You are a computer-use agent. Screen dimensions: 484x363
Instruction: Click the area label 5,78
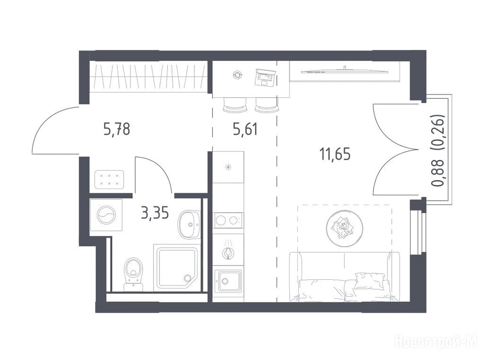pos(117,129)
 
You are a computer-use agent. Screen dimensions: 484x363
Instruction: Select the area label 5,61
pos(245,129)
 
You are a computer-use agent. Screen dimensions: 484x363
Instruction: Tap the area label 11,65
pos(335,154)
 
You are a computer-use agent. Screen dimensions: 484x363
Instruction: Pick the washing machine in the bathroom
pos(106,215)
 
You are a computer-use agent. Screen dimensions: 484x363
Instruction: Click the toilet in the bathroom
pos(133,275)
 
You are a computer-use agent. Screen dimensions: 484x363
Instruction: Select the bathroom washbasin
pos(189,225)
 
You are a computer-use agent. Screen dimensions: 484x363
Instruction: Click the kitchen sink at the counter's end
pos(229,281)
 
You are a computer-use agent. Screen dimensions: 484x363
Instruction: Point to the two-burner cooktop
pos(228,220)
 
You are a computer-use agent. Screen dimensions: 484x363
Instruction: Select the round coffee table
pos(345,228)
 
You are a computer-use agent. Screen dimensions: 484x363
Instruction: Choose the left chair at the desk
pos(235,105)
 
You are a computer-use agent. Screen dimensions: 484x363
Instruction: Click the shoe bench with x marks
pos(109,179)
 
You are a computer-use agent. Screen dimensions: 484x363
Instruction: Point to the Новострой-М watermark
pos(436,341)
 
